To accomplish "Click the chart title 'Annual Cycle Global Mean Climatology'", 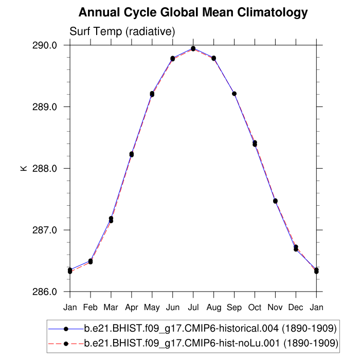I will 193,12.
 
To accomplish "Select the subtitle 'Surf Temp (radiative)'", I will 122,32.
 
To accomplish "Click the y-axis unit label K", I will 24,168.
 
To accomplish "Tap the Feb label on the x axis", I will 91,308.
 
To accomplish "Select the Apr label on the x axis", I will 132,308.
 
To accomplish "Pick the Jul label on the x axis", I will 193,308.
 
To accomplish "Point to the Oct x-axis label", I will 255,308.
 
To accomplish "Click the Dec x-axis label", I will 296,308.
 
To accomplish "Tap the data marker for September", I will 234,94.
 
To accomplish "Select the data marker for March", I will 111,220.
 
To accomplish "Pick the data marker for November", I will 275,201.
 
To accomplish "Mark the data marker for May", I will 152,94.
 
